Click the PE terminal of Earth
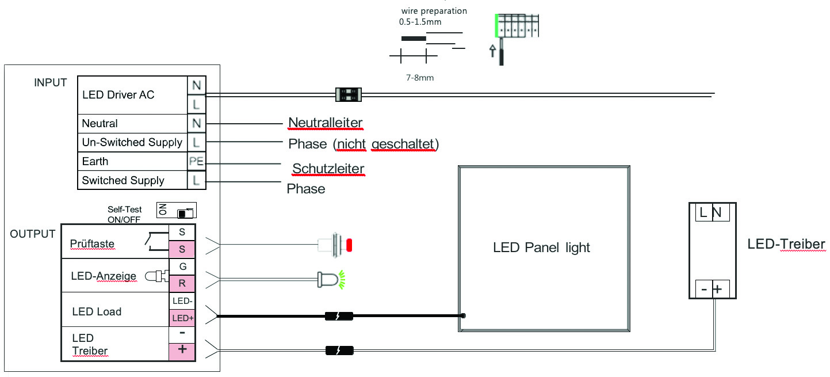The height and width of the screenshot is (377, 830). pos(196,161)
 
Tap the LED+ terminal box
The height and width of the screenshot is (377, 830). pos(182,318)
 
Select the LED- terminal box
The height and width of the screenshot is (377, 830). pos(182,300)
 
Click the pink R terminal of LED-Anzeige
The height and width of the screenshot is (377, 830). pos(182,283)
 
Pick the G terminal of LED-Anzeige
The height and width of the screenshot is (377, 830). pos(182,266)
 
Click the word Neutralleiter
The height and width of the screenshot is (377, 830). pos(326,123)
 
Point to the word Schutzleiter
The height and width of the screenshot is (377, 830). pos(328,169)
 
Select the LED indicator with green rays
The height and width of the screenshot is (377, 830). pos(330,280)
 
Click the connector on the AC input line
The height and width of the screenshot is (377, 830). pos(348,95)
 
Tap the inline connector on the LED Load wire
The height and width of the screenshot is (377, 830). pos(339,316)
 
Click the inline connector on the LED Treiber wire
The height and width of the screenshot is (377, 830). pos(339,350)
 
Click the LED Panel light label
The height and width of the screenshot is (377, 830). pos(541,248)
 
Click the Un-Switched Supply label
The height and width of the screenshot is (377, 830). pos(132,142)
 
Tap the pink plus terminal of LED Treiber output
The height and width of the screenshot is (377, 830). pos(182,350)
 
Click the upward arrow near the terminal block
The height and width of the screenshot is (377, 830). pos(492,52)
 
